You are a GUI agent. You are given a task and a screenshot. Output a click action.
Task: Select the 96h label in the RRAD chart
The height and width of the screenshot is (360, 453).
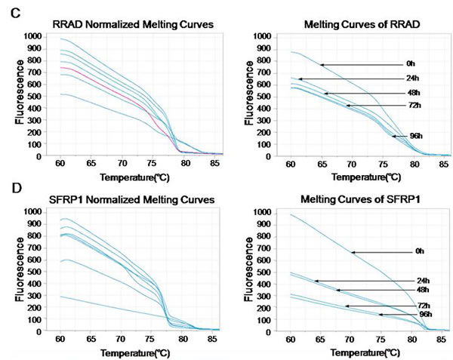click(415, 136)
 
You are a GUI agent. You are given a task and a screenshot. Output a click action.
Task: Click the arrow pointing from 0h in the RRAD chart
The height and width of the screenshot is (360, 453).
click(362, 65)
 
